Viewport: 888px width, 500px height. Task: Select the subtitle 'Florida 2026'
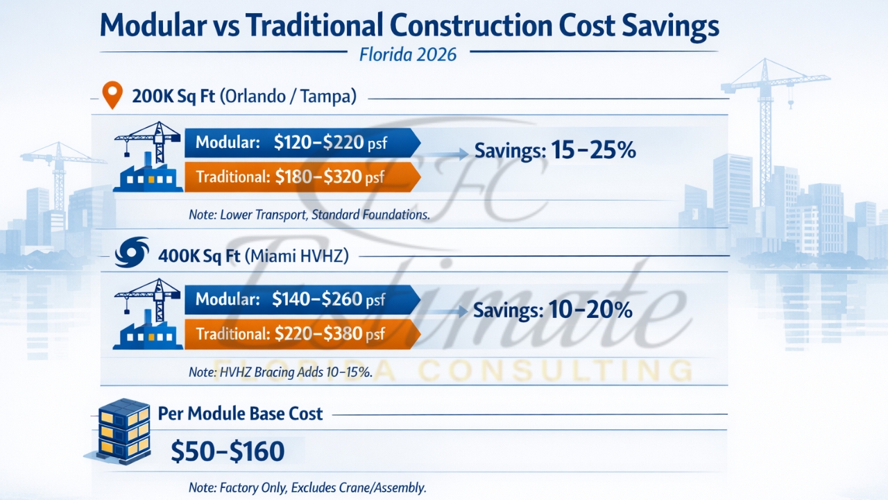[x=408, y=53]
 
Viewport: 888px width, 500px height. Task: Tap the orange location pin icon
[x=111, y=95]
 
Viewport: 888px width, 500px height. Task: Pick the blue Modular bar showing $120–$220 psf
[x=302, y=143]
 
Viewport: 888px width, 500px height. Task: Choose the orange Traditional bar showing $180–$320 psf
[x=302, y=177]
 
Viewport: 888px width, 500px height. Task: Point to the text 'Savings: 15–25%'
[x=554, y=150]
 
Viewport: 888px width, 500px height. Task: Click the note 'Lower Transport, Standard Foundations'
[x=309, y=215]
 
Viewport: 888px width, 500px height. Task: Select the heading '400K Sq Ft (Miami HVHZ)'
[x=253, y=256]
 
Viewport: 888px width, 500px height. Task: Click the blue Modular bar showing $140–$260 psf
[x=302, y=299]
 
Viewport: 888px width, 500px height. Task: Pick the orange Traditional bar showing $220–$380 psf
[x=302, y=334]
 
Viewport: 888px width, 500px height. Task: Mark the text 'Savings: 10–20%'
[x=552, y=310]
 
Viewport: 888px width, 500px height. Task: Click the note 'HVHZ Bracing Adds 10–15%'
[x=280, y=372]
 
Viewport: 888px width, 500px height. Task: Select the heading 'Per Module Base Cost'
[x=240, y=414]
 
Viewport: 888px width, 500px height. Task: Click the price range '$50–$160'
[x=228, y=451]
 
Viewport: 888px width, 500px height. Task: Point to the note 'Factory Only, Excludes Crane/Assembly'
[x=307, y=487]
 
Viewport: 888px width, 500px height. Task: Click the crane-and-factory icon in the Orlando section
[x=147, y=158]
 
